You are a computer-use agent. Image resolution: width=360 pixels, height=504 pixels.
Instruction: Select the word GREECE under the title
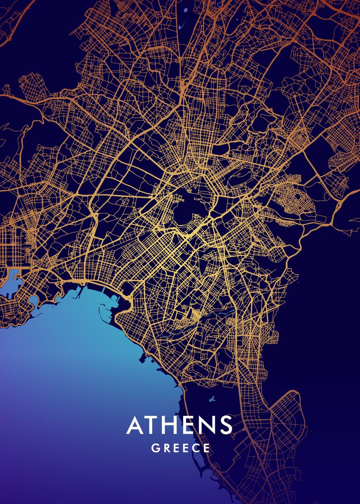click(181, 448)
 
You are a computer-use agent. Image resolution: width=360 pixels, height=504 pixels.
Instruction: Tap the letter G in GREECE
click(155, 448)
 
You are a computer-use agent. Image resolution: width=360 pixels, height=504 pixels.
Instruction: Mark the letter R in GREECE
click(166, 448)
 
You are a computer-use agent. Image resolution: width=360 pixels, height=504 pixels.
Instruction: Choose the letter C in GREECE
click(196, 448)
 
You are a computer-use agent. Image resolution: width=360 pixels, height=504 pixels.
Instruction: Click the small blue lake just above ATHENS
click(211, 398)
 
